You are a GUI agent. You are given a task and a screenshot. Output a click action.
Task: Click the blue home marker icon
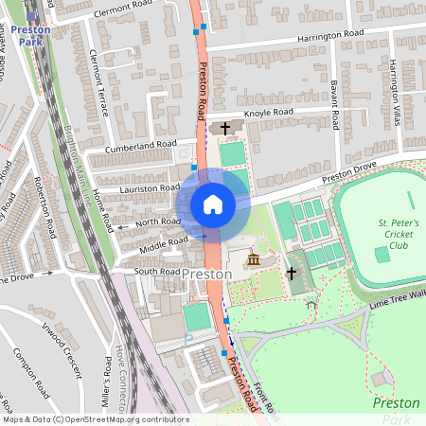212,204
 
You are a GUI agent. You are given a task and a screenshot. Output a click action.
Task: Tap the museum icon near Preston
253,259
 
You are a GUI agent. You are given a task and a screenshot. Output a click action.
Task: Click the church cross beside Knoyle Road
225,128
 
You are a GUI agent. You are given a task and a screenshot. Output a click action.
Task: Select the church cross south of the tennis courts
292,273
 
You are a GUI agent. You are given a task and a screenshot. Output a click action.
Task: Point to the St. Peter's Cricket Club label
392,234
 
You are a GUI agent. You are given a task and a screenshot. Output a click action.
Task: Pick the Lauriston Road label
150,188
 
